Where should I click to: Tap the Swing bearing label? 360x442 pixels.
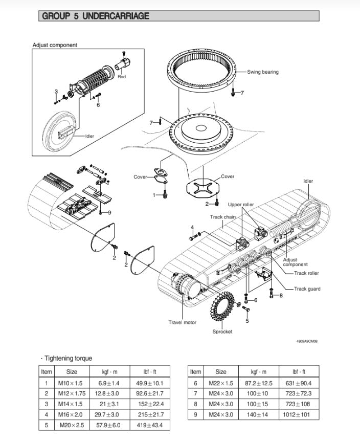(263, 72)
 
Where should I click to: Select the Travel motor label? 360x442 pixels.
(183, 322)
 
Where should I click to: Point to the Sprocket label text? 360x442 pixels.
(222, 331)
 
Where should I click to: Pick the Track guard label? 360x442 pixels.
(307, 289)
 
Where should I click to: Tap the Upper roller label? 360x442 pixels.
(241, 205)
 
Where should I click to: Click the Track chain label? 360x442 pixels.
(223, 217)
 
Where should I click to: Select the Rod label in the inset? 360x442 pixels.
(122, 77)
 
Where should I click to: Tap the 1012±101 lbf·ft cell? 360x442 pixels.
(301, 414)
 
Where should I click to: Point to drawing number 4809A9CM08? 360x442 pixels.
(307, 341)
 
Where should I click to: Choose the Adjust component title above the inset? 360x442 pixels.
(55, 45)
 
